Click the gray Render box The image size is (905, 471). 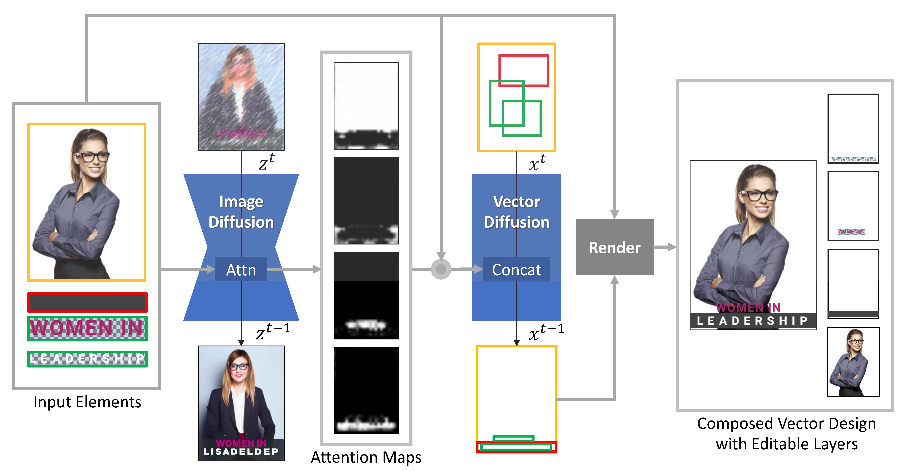(614, 247)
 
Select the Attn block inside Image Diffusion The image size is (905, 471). (241, 270)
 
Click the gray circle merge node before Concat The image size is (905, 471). (441, 269)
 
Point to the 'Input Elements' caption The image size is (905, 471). (87, 402)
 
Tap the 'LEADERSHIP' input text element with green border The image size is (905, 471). (87, 359)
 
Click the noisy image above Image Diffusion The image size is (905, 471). (241, 97)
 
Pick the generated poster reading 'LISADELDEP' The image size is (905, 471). (241, 403)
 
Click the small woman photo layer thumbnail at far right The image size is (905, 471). (853, 361)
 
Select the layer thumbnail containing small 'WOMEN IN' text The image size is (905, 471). (853, 206)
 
